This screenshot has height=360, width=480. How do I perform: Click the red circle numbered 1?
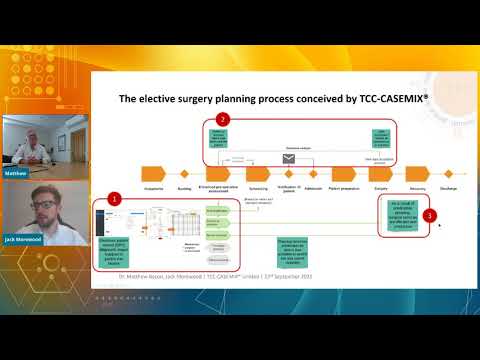coord(115,199)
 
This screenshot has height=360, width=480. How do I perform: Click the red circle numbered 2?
coord(223,120)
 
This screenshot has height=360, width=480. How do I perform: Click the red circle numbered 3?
coord(429,215)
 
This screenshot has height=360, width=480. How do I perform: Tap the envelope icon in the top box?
coord(289,159)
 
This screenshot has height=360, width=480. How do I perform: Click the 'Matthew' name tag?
coord(16,172)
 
